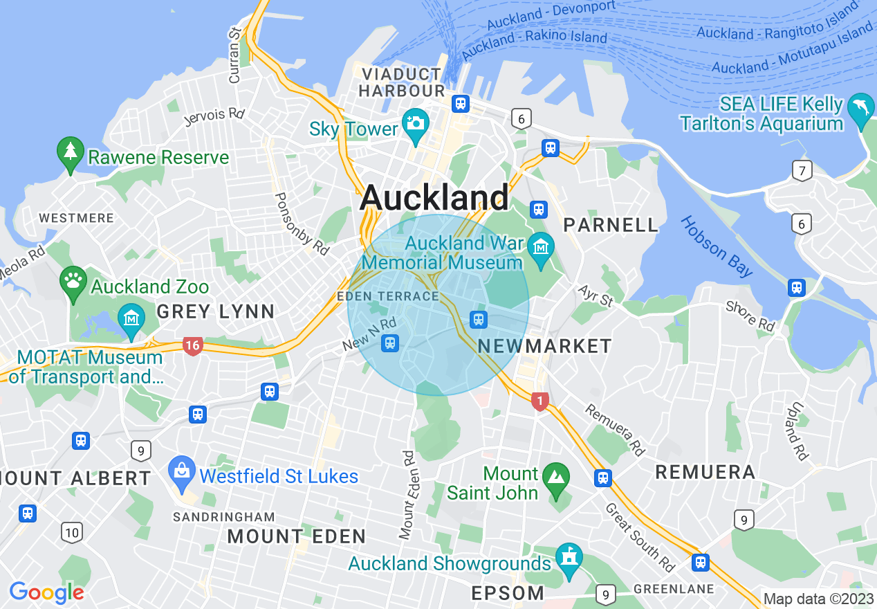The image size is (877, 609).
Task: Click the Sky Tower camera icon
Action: pyautogui.click(x=415, y=123)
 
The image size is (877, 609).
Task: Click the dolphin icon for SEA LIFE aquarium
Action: pyautogui.click(x=861, y=109)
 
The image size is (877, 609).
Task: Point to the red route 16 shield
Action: pyautogui.click(x=192, y=345)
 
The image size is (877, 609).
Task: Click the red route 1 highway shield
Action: pyautogui.click(x=539, y=401)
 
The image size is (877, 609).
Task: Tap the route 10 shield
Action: pyautogui.click(x=72, y=532)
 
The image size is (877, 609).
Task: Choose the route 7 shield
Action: pyautogui.click(x=802, y=170)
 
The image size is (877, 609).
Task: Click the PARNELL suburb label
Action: pyautogui.click(x=611, y=225)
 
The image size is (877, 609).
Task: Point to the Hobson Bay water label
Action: pyautogui.click(x=717, y=246)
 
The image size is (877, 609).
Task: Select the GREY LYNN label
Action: pyautogui.click(x=216, y=312)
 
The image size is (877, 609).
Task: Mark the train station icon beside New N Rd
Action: pyautogui.click(x=391, y=343)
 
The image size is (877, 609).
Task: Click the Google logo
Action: pyautogui.click(x=46, y=592)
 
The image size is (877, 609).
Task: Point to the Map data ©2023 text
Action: pyautogui.click(x=818, y=599)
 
